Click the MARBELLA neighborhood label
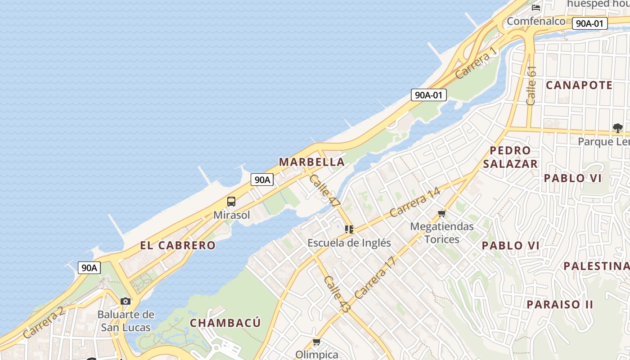312,162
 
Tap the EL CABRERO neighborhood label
178,246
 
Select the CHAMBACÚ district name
225,323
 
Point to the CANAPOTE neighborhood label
579,85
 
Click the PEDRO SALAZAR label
510,157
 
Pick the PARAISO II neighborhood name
560,305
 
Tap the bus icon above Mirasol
231,202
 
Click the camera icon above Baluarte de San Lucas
126,301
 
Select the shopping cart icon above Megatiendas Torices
441,213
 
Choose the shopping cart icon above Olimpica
317,342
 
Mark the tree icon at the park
618,128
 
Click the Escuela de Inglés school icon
349,229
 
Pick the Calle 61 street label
531,85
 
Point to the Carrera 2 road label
43,322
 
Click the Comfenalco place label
536,21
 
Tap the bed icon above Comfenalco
536,7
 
